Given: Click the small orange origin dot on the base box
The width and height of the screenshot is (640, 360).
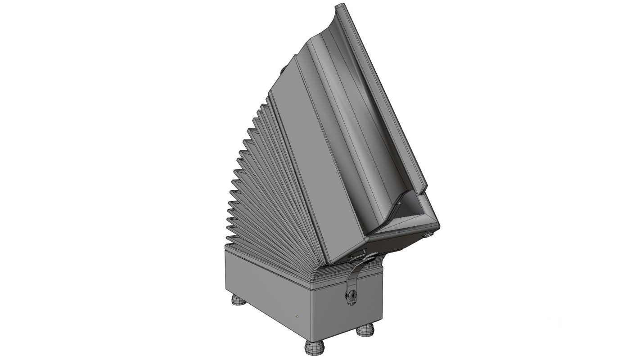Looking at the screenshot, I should point(297,317).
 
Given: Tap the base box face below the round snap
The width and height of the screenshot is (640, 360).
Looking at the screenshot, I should point(351,315).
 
